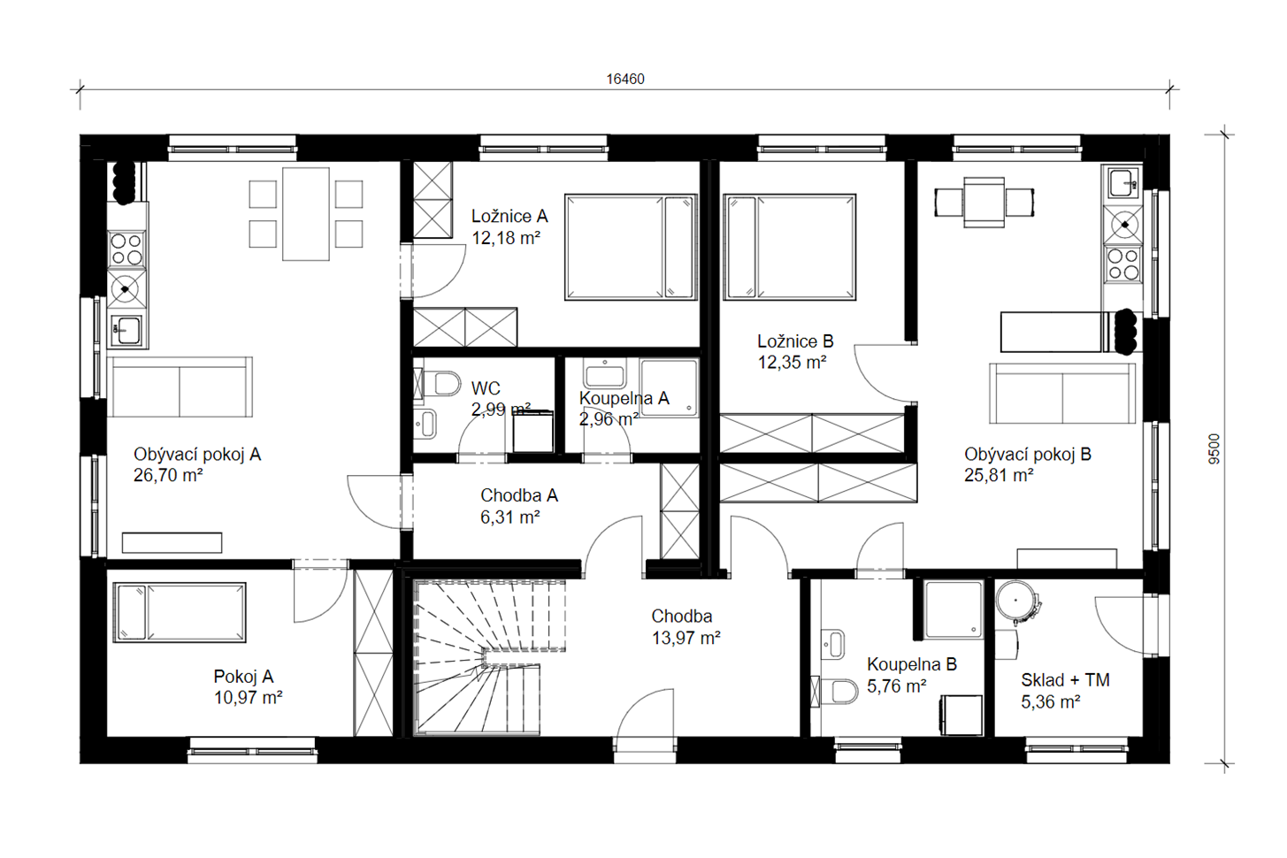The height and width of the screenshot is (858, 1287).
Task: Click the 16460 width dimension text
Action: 625,80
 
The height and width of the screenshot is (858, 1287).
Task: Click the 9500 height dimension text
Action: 1214,448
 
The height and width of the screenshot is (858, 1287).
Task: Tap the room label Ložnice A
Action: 509,217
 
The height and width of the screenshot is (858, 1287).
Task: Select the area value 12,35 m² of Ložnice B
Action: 792,363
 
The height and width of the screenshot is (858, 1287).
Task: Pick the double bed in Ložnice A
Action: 631,247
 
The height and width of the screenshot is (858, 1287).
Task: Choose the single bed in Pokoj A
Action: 180,612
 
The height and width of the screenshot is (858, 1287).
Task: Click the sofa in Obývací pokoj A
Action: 180,387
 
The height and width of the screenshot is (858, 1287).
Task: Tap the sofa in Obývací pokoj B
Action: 1062,393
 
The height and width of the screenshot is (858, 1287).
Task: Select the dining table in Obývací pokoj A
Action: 306,214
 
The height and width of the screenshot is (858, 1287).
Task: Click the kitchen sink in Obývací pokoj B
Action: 1122,183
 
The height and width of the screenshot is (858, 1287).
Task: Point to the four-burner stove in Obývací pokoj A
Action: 126,249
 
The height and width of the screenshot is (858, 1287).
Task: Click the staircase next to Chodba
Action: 489,658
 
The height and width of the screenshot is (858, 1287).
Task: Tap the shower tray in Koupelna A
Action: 669,388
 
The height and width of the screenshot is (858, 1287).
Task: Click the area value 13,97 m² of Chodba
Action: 686,638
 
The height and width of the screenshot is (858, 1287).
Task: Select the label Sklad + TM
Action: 1065,680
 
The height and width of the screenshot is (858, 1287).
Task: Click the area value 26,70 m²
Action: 168,475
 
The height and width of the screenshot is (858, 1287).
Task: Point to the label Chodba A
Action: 519,495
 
